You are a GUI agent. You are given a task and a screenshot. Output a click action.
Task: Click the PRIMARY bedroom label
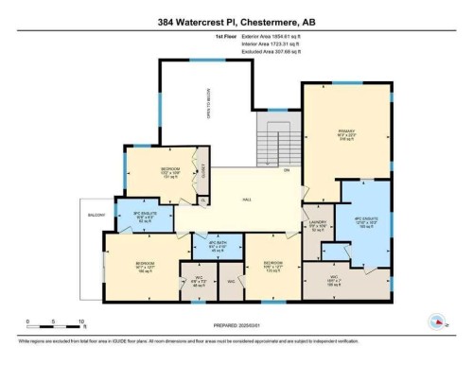[344, 132]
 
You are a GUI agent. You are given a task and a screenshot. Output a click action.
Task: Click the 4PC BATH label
[216, 245]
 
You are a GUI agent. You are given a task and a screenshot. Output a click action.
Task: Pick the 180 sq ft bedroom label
[144, 266]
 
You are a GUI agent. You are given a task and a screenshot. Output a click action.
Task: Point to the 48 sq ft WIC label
[198, 282]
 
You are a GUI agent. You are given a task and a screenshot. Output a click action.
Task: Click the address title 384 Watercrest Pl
[236, 16]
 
